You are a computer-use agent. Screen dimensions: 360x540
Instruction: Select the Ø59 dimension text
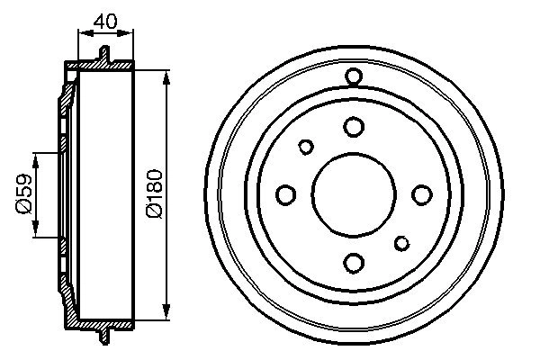[24, 194]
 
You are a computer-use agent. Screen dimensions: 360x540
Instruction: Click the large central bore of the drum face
[353, 194]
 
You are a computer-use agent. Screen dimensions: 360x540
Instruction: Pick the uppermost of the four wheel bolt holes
[353, 127]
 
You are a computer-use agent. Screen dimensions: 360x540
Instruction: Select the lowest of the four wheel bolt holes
[353, 262]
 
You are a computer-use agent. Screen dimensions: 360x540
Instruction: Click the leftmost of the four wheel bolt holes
[286, 194]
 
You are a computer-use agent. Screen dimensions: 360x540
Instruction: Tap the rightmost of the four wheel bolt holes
[420, 194]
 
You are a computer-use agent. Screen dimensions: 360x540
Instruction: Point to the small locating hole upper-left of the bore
[306, 147]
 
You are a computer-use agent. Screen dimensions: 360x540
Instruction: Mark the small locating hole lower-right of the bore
[401, 242]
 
